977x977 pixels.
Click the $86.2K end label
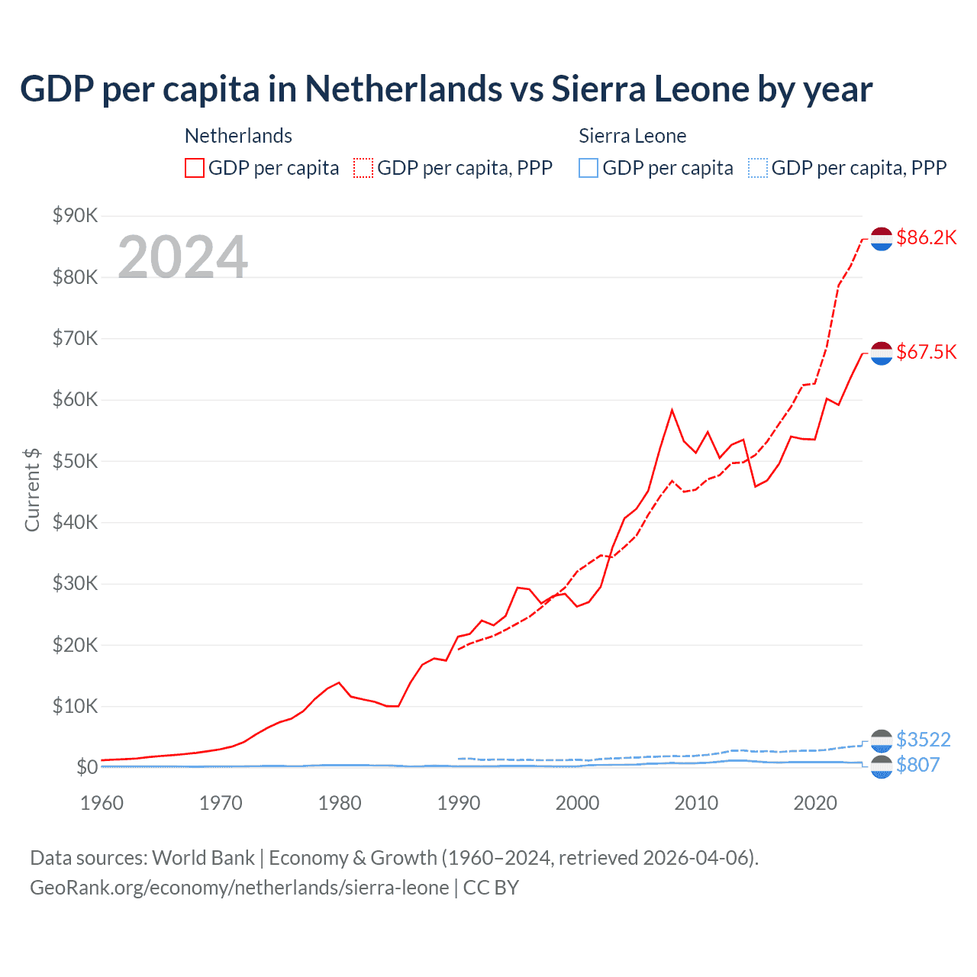(926, 237)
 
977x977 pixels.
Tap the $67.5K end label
(926, 352)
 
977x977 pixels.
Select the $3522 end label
(923, 740)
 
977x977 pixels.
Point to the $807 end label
(917, 765)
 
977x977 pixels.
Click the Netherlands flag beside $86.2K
(882, 238)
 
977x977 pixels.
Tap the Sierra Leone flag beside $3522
(882, 740)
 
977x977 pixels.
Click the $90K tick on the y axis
(75, 215)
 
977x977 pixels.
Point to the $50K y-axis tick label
(75, 461)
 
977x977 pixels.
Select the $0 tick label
(86, 767)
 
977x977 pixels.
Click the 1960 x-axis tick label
(102, 803)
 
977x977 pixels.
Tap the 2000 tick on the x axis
(577, 803)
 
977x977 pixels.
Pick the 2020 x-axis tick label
(815, 803)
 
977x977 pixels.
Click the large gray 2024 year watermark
(182, 257)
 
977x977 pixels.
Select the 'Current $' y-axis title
(32, 489)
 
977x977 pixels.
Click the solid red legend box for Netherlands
(195, 168)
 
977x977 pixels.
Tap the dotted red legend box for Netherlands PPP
(363, 168)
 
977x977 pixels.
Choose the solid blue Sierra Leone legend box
(588, 168)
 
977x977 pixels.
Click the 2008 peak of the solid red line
(672, 410)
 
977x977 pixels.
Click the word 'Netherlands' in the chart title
(404, 89)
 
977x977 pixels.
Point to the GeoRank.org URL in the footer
(239, 888)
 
